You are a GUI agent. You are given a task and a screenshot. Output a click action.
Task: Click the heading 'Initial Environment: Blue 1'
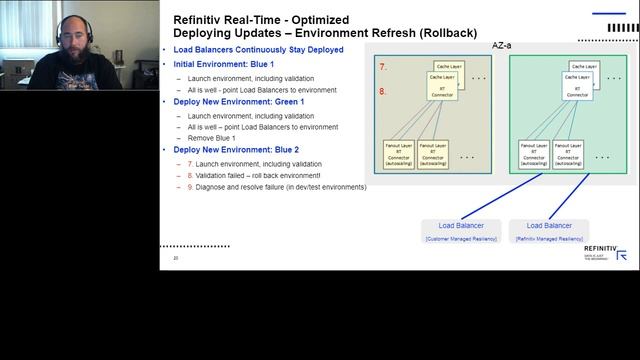(x=219, y=64)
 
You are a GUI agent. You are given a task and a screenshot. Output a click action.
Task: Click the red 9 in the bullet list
(x=190, y=187)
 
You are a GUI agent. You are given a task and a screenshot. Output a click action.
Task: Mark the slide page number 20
(x=176, y=258)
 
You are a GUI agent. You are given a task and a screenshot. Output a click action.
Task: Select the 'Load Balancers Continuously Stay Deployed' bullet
(x=259, y=50)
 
